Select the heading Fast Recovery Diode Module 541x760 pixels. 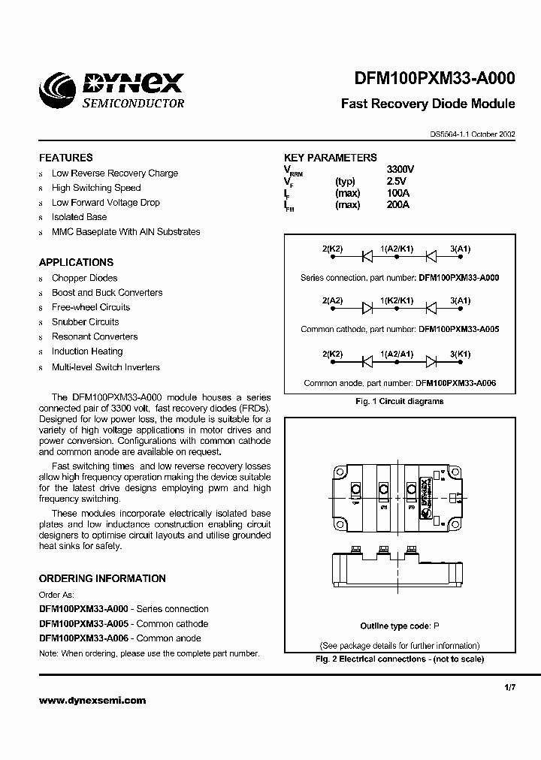pos(428,104)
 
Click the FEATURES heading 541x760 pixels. pos(66,158)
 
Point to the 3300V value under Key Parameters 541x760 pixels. pos(400,170)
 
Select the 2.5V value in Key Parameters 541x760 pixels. pos(396,181)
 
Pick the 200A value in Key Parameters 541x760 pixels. pos(398,204)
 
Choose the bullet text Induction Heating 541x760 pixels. pos(86,351)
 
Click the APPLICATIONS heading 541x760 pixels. pos(76,262)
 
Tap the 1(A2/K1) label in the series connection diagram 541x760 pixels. pos(397,249)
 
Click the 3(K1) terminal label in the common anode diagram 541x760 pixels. pos(460,354)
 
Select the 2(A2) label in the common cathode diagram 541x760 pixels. pos(333,300)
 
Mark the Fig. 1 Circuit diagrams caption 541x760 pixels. pos(399,401)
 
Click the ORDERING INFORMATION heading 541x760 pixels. pos(102,578)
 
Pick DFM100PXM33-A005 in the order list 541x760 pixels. pos(83,624)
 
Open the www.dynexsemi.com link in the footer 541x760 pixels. pos(92,701)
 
